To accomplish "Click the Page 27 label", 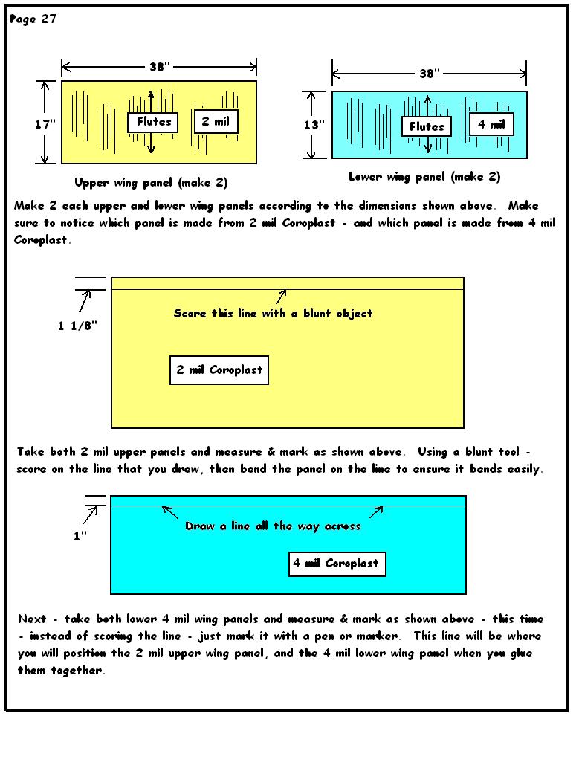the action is (x=33, y=19).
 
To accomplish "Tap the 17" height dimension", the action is (x=45, y=124).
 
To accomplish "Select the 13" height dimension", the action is (x=314, y=125).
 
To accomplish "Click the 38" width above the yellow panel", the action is (x=160, y=66).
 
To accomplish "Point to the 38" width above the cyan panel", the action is (x=430, y=74).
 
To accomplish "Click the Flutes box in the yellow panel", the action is (x=152, y=122).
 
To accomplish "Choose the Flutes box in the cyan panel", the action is (x=427, y=126).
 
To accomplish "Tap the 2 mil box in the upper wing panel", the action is (x=216, y=121).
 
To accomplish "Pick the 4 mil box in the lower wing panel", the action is (x=491, y=124).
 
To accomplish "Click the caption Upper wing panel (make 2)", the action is (x=151, y=183).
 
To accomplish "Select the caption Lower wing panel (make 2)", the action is (x=424, y=177).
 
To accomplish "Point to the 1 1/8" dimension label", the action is (x=77, y=326).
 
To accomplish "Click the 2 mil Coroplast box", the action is (x=219, y=370).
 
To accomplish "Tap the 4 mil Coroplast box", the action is (x=337, y=564).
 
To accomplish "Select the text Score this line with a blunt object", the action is (x=274, y=313).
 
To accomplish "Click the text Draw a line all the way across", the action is (x=274, y=526).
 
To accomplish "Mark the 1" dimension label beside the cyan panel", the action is (x=80, y=536).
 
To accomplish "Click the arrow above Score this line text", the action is (x=281, y=297).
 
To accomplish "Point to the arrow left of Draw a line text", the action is (x=169, y=511).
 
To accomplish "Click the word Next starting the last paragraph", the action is (x=32, y=619).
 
